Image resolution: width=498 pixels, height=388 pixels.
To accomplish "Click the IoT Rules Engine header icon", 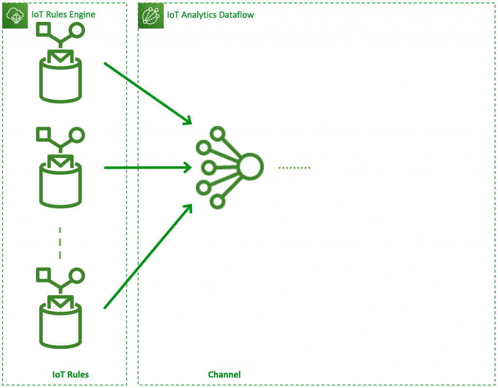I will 15,16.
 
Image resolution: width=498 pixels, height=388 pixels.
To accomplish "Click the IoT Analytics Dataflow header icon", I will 151,16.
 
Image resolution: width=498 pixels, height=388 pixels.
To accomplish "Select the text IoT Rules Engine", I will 63,15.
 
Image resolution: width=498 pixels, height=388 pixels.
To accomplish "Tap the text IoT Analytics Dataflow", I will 210,15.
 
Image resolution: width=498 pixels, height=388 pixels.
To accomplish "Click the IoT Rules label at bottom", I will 71,374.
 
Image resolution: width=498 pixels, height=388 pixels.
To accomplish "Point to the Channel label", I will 224,374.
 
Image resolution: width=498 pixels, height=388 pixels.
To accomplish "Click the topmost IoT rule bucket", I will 60,80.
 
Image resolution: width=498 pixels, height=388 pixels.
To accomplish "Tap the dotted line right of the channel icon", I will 294,168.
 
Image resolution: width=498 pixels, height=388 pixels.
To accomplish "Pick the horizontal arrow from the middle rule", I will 146,168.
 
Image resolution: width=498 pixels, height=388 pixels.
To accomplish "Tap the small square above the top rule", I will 44,30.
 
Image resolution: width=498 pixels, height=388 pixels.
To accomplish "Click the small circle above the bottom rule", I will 77,275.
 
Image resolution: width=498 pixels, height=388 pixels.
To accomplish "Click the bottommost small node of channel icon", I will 217,201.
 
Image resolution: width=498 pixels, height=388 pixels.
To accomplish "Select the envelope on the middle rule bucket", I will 60,161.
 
